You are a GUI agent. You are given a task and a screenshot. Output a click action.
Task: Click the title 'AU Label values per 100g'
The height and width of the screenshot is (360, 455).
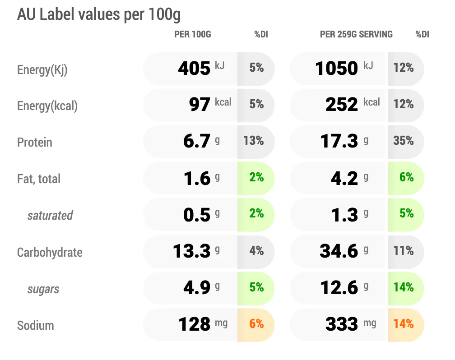[x=99, y=15]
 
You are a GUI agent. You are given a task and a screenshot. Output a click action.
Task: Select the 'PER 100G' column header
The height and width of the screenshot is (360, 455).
[x=192, y=34]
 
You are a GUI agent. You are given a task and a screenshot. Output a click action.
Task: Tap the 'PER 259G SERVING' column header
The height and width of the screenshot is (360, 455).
[x=356, y=34]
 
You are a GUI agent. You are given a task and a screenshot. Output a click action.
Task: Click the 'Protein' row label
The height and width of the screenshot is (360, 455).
[x=34, y=143]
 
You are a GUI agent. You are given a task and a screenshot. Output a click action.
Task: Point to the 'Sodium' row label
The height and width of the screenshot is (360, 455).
[x=35, y=325]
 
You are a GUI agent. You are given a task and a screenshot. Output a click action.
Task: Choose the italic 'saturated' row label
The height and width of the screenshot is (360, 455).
[x=50, y=216]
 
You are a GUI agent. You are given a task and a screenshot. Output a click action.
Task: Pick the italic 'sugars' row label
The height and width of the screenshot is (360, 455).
[x=43, y=290]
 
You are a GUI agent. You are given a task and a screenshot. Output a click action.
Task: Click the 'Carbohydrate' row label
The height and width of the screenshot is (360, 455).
[x=50, y=252]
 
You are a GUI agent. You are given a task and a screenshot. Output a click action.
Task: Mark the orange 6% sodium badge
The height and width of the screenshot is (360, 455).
[x=256, y=324]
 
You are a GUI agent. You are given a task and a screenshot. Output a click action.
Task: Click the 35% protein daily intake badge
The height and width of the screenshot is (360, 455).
[x=404, y=141]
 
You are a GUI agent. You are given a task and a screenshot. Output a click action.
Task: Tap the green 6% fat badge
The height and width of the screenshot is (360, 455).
[x=406, y=177]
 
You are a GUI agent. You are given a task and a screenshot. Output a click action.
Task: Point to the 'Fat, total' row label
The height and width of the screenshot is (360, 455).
[x=39, y=179]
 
